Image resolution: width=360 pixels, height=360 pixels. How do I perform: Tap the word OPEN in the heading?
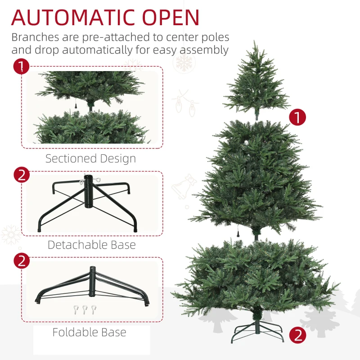(x=171, y=18)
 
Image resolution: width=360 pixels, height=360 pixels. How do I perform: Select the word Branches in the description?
(x=35, y=37)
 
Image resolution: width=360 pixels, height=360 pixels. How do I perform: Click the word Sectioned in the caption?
(x=71, y=158)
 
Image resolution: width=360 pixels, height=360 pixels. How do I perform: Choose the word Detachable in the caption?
(x=77, y=245)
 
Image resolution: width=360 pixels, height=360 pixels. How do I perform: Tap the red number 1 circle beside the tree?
(x=297, y=117)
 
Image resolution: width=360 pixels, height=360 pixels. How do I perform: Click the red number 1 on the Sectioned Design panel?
(x=21, y=67)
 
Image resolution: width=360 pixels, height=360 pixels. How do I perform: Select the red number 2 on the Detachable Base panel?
(x=22, y=175)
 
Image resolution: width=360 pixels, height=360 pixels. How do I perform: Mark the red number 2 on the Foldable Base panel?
(x=22, y=261)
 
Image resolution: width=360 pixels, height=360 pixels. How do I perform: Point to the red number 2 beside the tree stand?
(x=297, y=335)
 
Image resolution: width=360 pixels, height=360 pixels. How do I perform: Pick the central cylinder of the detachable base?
(x=88, y=192)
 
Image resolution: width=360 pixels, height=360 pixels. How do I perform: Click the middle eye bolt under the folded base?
(x=84, y=310)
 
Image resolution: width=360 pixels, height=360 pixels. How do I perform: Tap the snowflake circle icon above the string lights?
(x=184, y=63)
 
